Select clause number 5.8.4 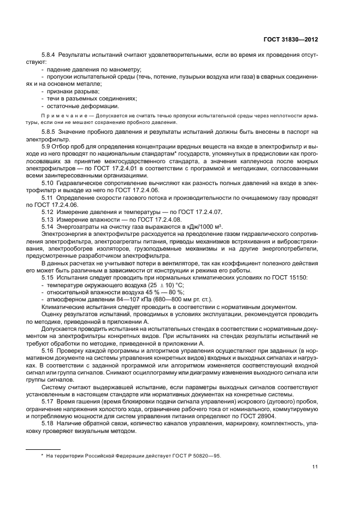click(49, 56)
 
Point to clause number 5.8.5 click(49, 132)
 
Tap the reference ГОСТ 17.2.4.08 click(153, 219)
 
